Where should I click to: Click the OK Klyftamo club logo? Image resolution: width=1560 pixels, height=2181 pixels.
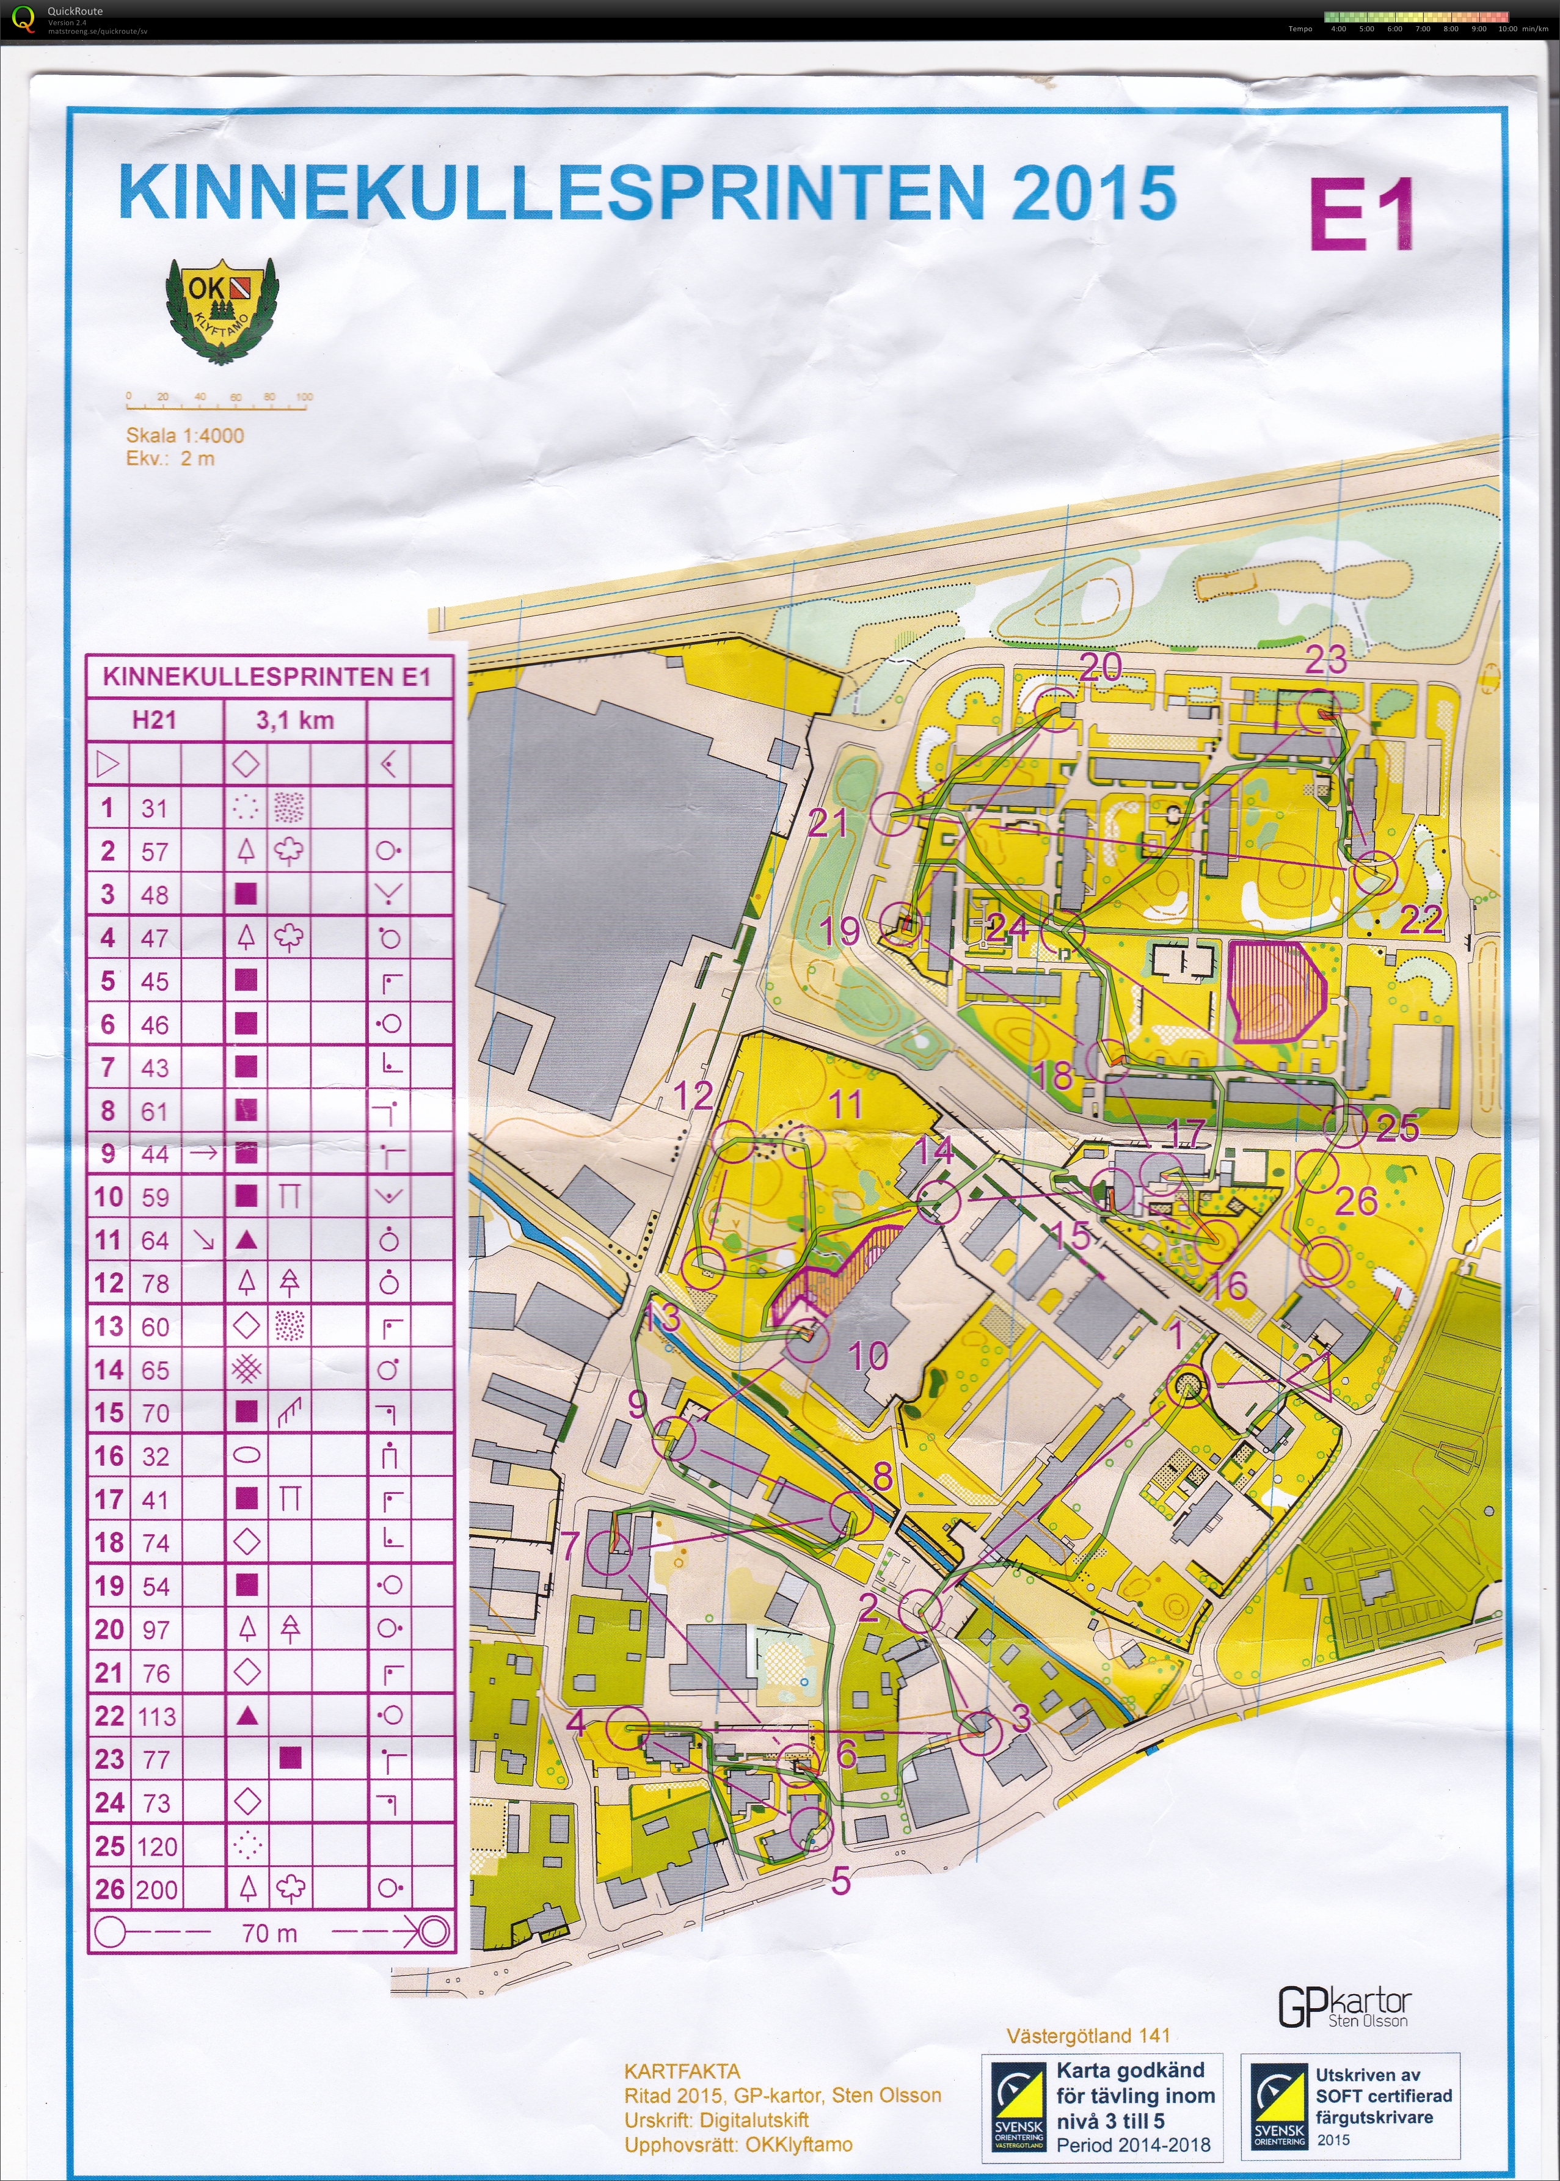(221, 310)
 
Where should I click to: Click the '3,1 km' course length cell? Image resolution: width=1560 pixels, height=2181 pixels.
(295, 720)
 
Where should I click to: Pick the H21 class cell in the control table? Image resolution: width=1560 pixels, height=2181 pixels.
(154, 720)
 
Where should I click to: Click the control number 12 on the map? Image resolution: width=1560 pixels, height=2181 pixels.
(693, 1095)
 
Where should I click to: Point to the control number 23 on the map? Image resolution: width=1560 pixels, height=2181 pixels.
(1325, 660)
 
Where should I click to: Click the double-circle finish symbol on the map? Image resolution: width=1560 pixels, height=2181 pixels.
(1324, 1261)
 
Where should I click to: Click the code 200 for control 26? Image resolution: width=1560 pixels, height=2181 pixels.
(156, 1889)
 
